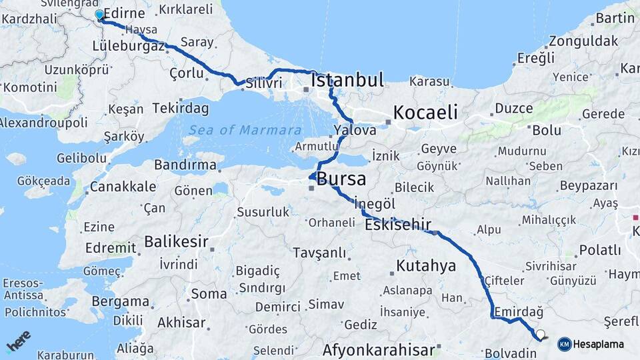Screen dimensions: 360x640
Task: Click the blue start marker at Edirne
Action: pos(99,15)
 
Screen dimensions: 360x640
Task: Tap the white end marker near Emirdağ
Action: pos(541,335)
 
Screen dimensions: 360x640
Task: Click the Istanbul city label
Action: pos(347,81)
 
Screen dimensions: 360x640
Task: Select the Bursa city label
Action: pos(341,179)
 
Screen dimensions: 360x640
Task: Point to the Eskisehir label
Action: pos(397,225)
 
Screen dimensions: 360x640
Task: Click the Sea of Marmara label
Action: pos(245,130)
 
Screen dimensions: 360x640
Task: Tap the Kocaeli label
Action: pos(425,112)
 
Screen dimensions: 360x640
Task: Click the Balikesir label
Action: pos(176,241)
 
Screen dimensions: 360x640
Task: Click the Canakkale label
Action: pos(123,187)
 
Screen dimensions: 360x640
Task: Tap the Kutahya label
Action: pos(426,266)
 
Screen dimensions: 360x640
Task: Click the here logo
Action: pos(19,341)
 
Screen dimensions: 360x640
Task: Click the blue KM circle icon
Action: pos(564,344)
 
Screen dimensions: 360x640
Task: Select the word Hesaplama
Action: pos(599,344)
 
